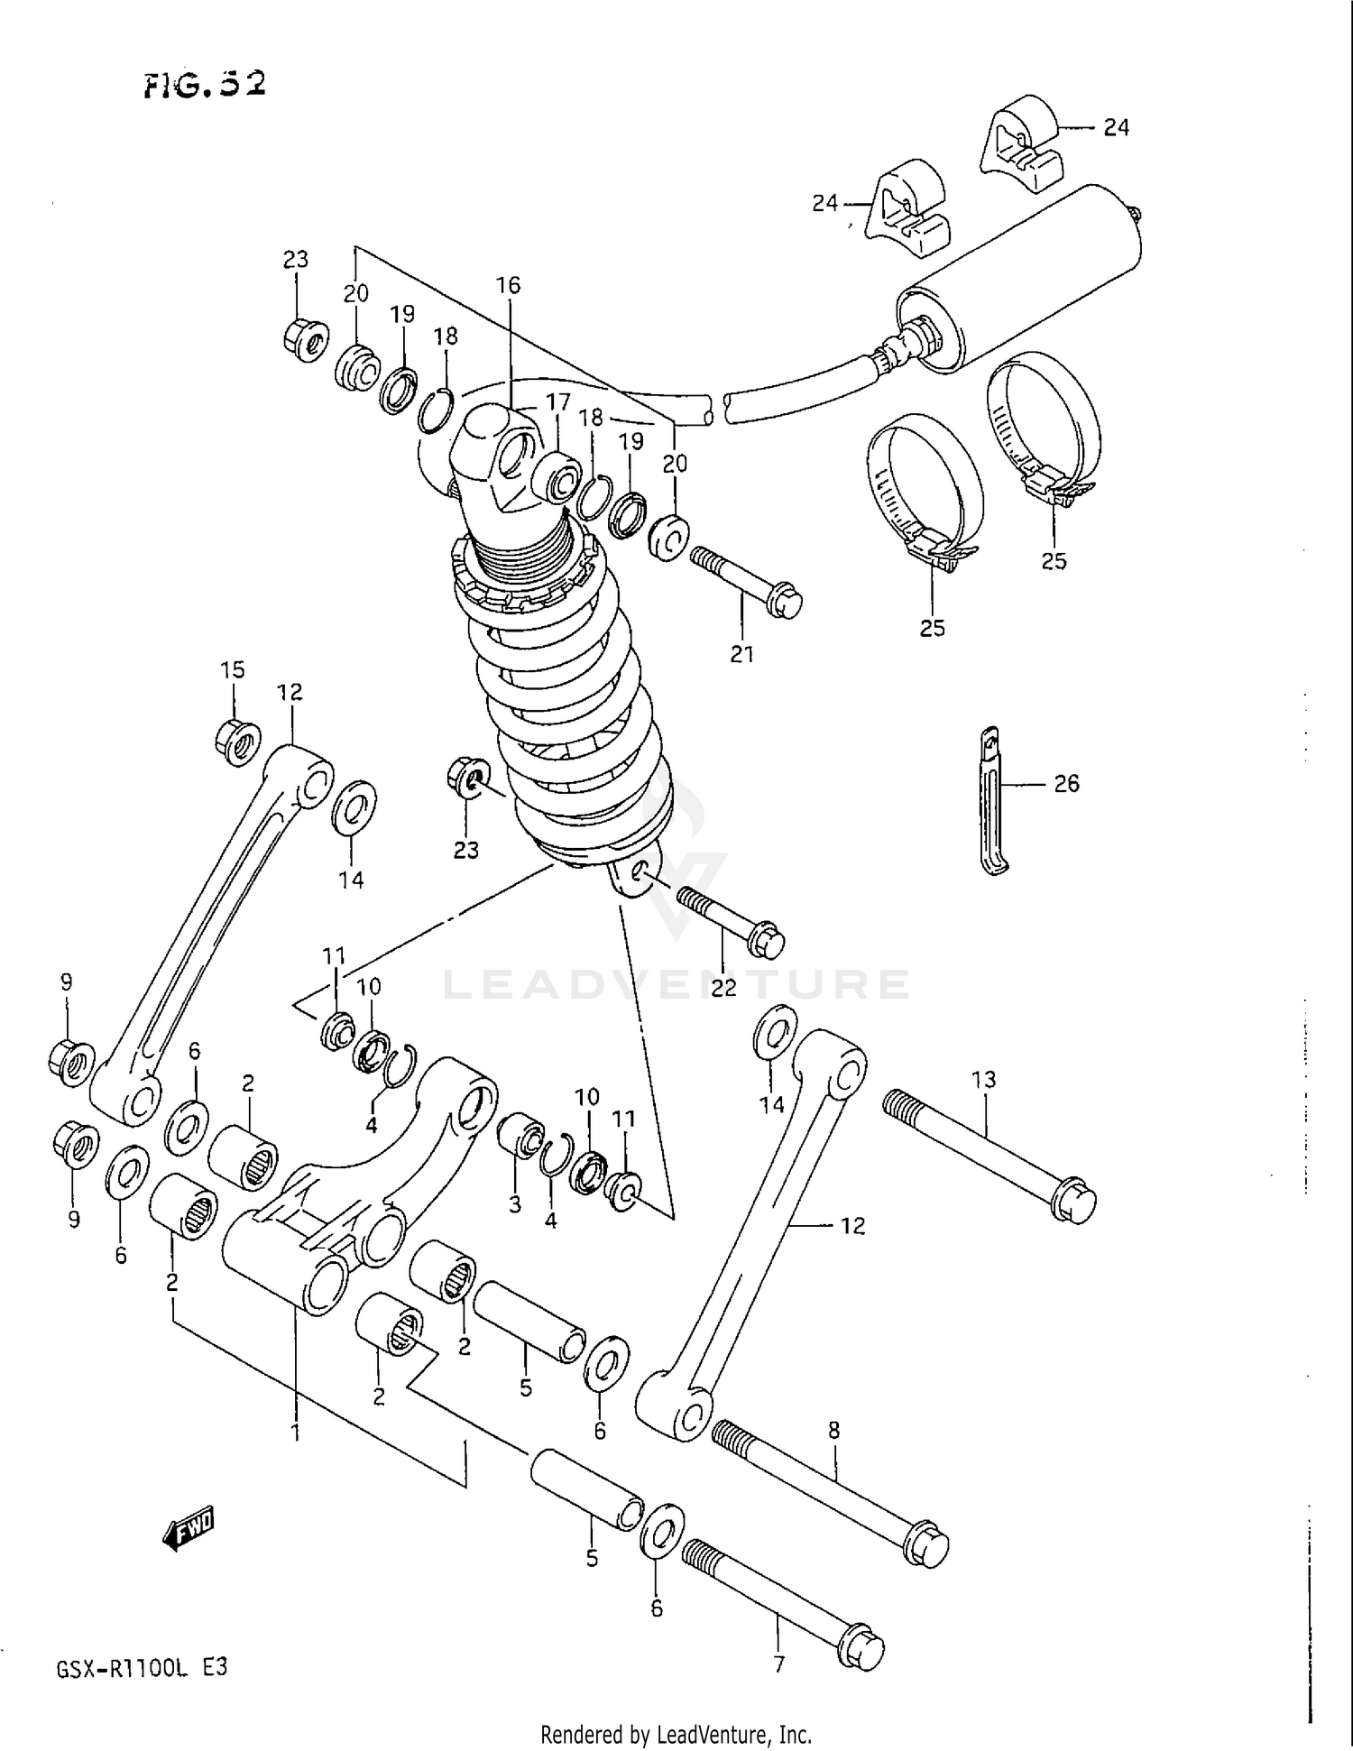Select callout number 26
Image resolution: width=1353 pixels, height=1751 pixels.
[1066, 784]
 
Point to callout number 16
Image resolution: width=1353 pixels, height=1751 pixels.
[508, 286]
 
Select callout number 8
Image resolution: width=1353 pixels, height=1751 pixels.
[833, 1430]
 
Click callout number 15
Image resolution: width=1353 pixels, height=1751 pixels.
[232, 670]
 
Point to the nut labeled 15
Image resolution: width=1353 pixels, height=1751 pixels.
[238, 743]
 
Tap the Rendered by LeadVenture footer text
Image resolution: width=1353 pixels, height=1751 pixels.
[676, 1734]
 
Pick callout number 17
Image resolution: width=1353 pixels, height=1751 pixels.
[557, 402]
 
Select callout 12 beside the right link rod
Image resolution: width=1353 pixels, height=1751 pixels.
[851, 1226]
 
